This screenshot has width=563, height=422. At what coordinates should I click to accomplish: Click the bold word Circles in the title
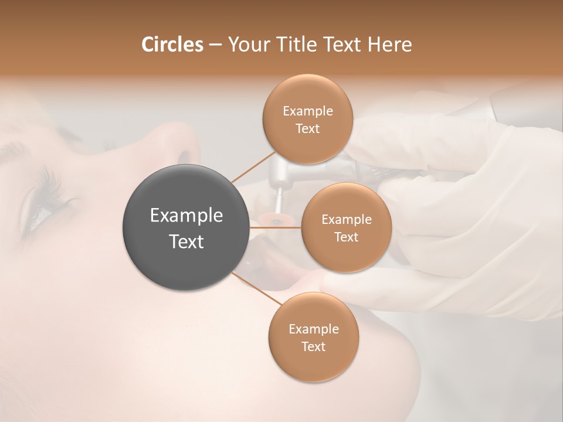click(172, 45)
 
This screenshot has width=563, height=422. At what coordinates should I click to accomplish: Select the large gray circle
click(186, 227)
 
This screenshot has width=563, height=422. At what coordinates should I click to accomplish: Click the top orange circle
click(307, 119)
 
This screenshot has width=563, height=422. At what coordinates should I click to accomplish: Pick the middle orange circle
click(346, 227)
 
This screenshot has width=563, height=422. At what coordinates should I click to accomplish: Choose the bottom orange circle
click(313, 337)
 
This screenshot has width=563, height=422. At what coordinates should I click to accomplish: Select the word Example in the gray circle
click(186, 216)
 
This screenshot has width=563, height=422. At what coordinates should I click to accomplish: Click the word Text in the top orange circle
click(307, 128)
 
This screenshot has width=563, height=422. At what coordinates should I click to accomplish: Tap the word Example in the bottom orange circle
click(313, 329)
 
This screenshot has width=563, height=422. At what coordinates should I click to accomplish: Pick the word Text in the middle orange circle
click(346, 237)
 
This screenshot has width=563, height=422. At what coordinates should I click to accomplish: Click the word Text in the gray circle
click(186, 241)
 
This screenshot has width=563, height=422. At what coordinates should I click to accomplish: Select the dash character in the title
click(215, 45)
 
